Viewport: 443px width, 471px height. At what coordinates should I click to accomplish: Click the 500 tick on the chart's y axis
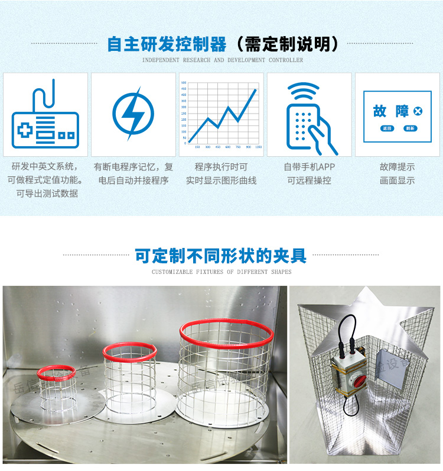click(184, 83)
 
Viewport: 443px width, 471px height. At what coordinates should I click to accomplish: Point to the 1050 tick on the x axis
click(258, 147)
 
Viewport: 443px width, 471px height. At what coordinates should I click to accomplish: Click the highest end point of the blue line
click(256, 90)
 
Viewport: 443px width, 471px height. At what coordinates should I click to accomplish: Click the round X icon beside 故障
click(418, 111)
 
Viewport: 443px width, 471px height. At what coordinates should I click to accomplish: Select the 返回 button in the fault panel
click(387, 128)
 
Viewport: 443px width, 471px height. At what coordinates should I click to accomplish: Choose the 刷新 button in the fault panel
click(409, 128)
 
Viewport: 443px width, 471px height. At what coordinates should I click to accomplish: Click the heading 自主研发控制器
click(167, 44)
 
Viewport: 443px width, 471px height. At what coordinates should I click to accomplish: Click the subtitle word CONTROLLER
click(286, 60)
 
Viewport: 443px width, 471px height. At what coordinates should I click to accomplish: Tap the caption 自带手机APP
click(309, 167)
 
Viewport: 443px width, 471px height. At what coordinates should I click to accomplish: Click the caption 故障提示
click(397, 167)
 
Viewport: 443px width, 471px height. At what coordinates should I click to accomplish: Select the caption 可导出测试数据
click(47, 193)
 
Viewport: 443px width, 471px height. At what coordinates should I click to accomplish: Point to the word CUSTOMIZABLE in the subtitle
click(172, 272)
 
